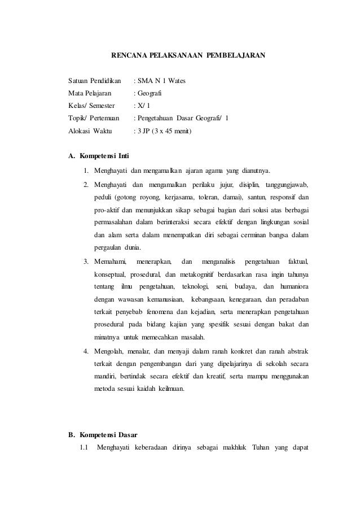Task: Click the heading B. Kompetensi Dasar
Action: (103, 435)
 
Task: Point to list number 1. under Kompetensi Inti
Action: (86, 172)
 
